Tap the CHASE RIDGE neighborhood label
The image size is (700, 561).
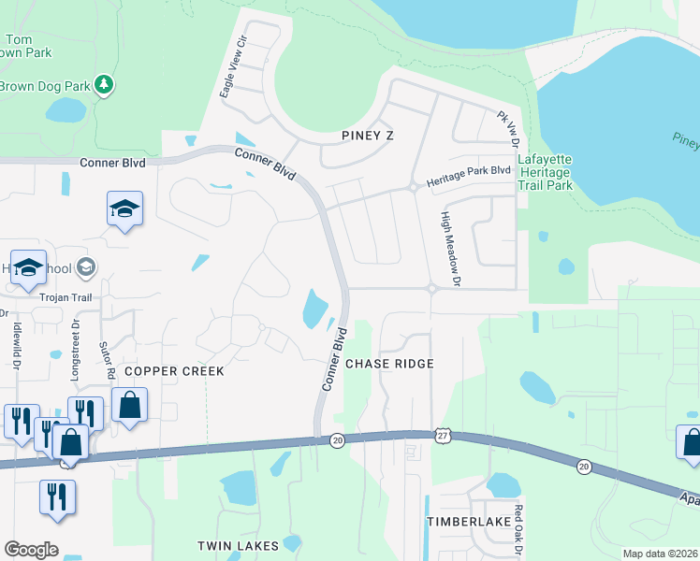click(x=389, y=364)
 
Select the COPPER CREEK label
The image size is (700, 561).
click(x=175, y=371)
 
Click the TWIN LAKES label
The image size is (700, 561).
click(x=238, y=545)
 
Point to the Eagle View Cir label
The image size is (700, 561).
click(x=232, y=67)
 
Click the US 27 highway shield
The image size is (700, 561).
click(x=443, y=436)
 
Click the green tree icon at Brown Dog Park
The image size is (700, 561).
click(x=104, y=86)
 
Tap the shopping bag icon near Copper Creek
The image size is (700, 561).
click(x=129, y=406)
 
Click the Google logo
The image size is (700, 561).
click(x=32, y=550)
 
